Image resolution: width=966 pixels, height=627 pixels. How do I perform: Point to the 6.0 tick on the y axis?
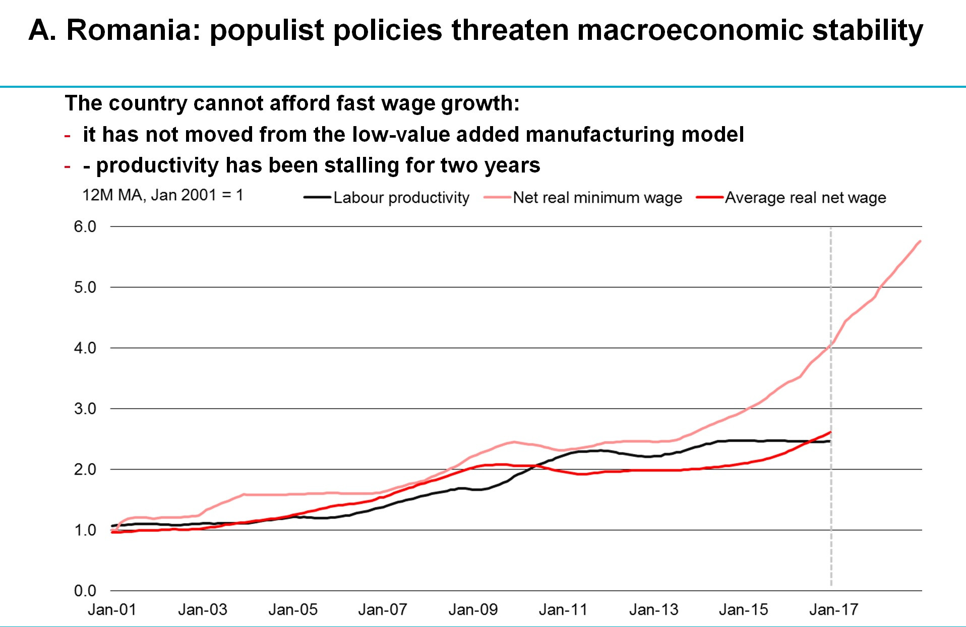click(85, 226)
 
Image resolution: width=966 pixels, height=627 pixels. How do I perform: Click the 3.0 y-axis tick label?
click(85, 409)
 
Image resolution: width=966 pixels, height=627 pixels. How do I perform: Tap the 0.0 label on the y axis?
click(85, 591)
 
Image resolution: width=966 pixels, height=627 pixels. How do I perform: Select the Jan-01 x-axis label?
click(112, 610)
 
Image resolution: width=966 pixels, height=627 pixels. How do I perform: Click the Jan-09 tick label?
click(473, 610)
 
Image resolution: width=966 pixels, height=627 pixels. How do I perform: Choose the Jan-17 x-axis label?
click(833, 610)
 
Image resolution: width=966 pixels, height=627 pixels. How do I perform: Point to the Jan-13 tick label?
click(653, 610)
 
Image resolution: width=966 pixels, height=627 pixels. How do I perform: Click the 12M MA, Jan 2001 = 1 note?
click(162, 195)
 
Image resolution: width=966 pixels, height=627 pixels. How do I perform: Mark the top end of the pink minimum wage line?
click(920, 242)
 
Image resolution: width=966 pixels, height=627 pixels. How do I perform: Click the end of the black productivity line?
click(829, 441)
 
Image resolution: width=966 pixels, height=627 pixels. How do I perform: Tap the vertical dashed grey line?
click(831, 504)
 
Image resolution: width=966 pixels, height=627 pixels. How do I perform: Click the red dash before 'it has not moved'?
click(68, 136)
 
